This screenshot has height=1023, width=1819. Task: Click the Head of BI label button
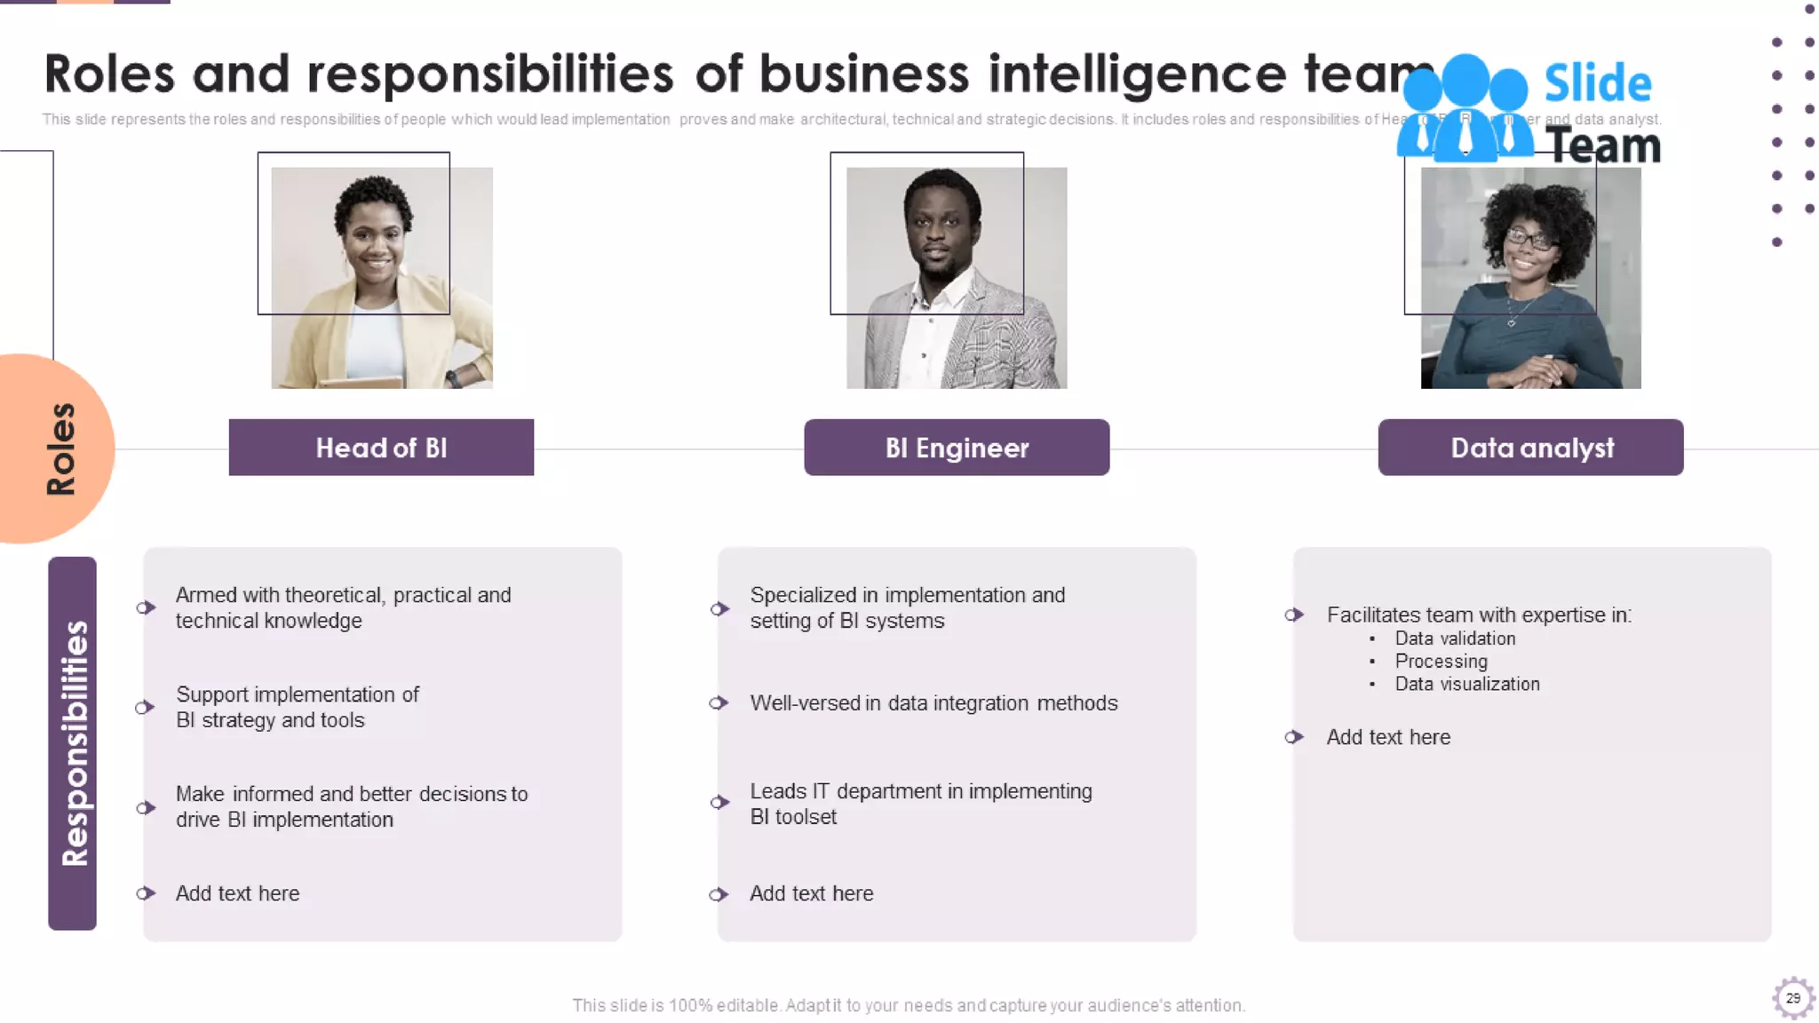381,448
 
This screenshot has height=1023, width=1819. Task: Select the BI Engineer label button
957,448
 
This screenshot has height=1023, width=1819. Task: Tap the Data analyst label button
1531,448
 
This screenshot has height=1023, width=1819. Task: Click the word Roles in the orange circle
60,449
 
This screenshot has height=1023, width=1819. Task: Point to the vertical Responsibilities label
74,742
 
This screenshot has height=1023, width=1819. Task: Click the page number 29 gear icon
1792,998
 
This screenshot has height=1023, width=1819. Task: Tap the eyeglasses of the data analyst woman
1529,238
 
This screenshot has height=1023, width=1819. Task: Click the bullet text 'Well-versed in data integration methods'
933,703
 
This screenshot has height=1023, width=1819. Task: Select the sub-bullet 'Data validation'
1455,638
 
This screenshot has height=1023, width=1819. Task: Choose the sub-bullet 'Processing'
1441,662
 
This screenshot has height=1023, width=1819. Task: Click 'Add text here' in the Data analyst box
1388,737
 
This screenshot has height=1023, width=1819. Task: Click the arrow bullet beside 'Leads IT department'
719,803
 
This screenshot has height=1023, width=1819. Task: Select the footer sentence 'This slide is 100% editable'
908,1005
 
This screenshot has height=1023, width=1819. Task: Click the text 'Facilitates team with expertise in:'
1479,615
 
